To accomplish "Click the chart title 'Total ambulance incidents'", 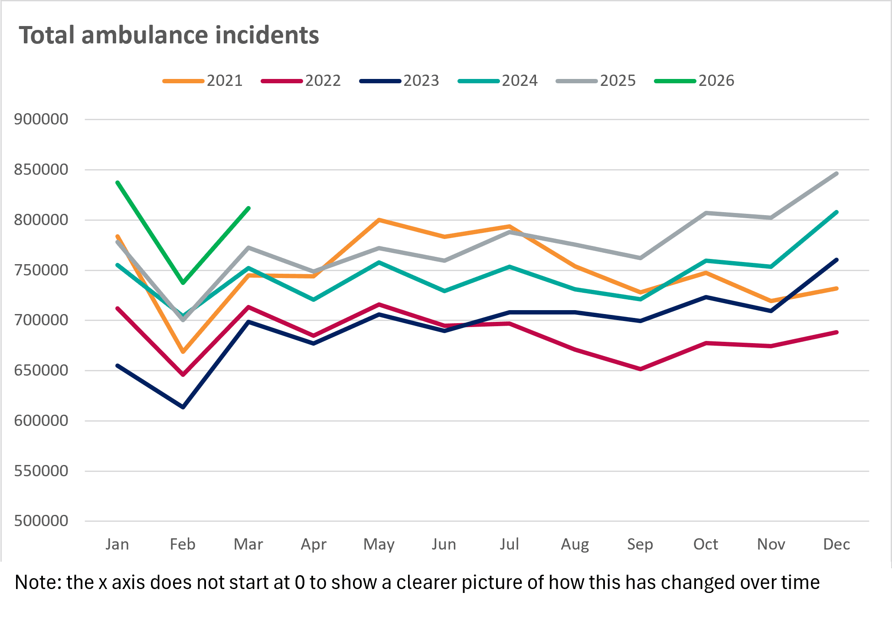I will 169,35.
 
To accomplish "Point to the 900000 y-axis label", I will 41,119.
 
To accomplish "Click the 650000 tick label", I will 41,370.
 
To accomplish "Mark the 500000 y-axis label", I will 41,521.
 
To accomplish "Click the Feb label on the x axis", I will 183,544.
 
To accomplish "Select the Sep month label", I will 640,544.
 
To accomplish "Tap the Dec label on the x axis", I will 836,544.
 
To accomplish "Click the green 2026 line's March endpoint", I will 248,208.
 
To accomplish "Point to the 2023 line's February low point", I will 183,407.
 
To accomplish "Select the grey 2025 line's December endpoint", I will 836,174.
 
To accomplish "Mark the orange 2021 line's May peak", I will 379,220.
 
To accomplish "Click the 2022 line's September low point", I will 640,369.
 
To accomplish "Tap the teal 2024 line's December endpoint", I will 836,212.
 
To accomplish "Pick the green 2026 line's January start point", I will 118,183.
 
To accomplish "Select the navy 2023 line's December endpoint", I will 836,260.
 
